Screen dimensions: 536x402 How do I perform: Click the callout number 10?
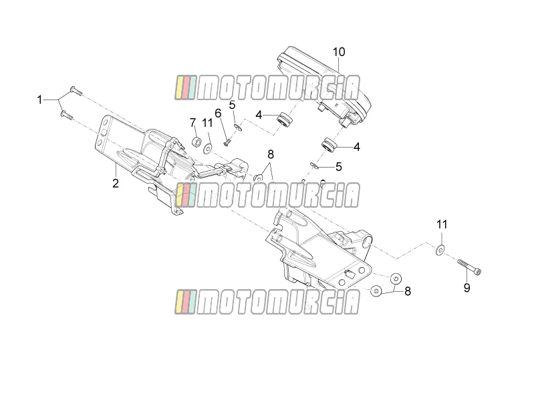pyautogui.click(x=339, y=52)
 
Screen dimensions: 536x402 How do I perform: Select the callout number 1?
pyautogui.click(x=39, y=99)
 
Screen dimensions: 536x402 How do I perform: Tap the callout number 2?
pyautogui.click(x=116, y=183)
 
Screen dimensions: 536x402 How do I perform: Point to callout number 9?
pyautogui.click(x=466, y=288)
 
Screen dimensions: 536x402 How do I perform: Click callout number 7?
pyautogui.click(x=192, y=122)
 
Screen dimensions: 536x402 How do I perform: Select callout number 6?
pyautogui.click(x=218, y=113)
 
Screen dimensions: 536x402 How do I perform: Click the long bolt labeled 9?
pyautogui.click(x=469, y=266)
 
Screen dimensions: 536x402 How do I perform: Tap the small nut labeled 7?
pyautogui.click(x=196, y=142)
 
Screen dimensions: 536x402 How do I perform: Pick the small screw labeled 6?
pyautogui.click(x=228, y=142)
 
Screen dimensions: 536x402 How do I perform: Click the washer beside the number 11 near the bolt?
pyautogui.click(x=440, y=250)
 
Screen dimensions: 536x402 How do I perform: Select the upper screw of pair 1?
pyautogui.click(x=76, y=91)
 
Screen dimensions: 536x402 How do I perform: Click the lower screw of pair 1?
pyautogui.click(x=67, y=115)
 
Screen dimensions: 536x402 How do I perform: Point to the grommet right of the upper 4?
pyautogui.click(x=285, y=119)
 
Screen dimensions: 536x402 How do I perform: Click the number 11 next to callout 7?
pyautogui.click(x=207, y=123)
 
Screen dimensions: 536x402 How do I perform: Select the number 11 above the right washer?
pyautogui.click(x=442, y=225)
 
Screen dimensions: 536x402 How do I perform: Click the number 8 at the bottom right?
pyautogui.click(x=408, y=291)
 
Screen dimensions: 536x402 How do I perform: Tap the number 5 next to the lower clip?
pyautogui.click(x=339, y=167)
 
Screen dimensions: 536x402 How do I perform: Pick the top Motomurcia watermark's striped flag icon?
pyautogui.click(x=186, y=87)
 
